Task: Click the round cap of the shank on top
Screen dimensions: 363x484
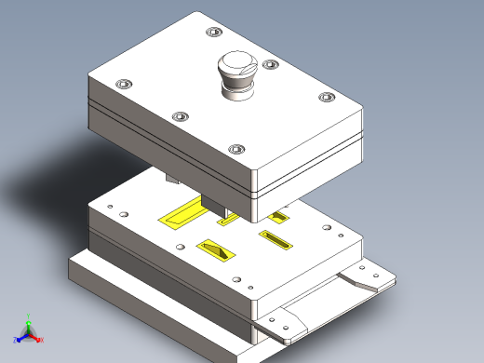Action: click(x=235, y=66)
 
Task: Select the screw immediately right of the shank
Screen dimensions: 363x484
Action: click(x=271, y=65)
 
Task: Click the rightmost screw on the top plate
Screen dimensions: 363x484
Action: click(x=326, y=97)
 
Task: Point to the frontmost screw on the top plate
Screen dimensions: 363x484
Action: click(x=236, y=149)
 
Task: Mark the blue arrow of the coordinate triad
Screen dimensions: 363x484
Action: click(x=21, y=337)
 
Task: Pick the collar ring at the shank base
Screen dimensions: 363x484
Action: click(x=235, y=89)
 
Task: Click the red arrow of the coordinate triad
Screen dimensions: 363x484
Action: click(x=35, y=337)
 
